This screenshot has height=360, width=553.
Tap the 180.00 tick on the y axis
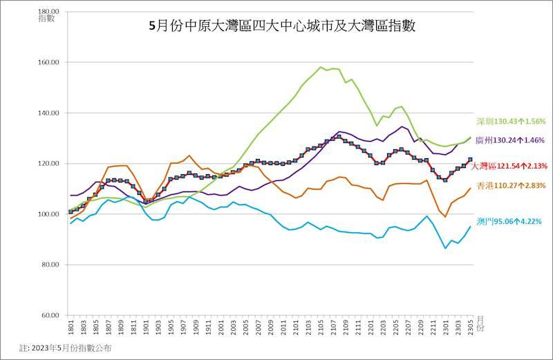[x=50, y=12]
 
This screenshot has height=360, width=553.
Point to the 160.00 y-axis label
[x=50, y=62]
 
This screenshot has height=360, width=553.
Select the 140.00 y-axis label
[x=50, y=113]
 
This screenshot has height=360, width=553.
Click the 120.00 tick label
[x=50, y=164]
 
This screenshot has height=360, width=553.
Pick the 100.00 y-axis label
[x=50, y=214]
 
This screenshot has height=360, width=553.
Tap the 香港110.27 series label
[x=511, y=186]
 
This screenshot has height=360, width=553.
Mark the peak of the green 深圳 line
[x=321, y=67]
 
